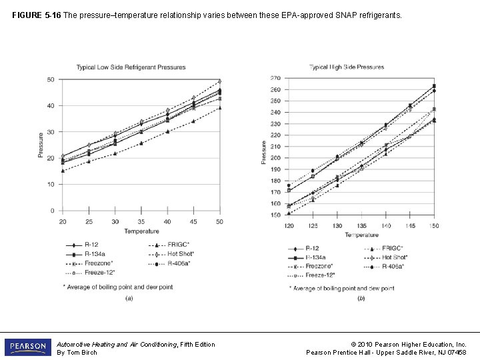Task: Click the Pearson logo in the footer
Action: (27, 348)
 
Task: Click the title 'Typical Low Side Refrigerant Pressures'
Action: (131, 67)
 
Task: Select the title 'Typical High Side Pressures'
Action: (346, 67)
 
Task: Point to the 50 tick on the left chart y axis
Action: (51, 80)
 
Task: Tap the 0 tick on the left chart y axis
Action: (52, 211)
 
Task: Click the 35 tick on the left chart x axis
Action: (141, 222)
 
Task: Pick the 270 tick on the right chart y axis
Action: (275, 78)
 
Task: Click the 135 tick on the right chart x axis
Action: (361, 226)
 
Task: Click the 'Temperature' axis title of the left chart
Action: (141, 231)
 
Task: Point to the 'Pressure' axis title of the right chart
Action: (264, 151)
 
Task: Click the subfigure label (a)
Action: (129, 298)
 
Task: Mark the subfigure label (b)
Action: (361, 299)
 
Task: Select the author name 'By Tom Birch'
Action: (77, 353)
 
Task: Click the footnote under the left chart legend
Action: (118, 287)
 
